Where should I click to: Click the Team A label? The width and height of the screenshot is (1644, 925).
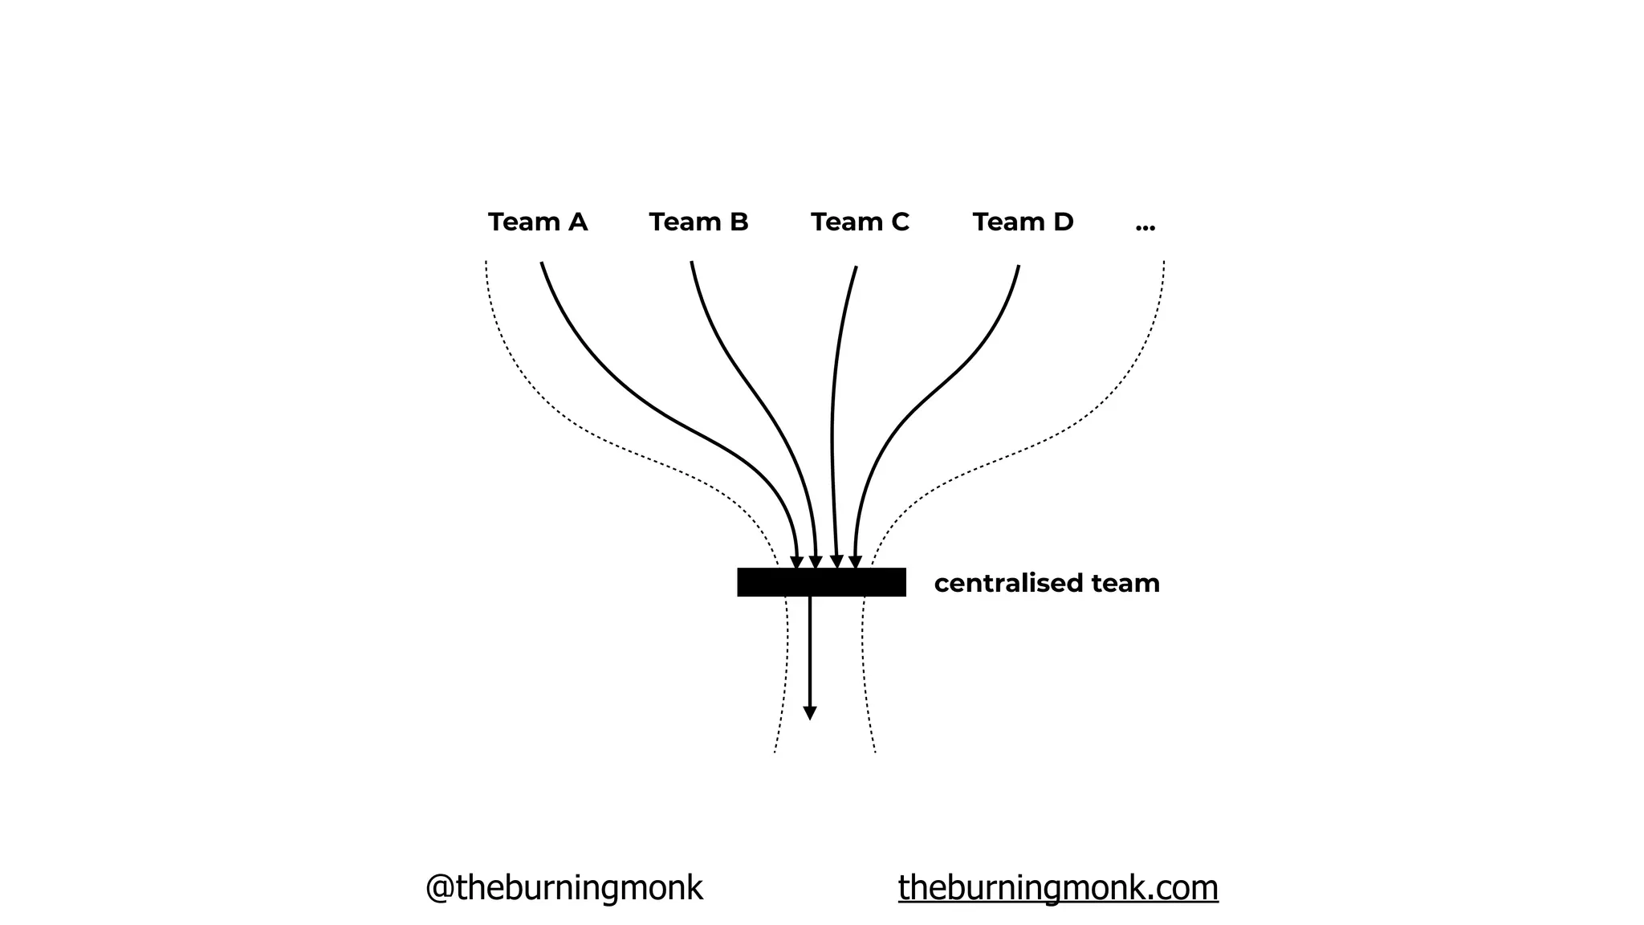click(x=537, y=222)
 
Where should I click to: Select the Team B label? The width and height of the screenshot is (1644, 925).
click(x=698, y=222)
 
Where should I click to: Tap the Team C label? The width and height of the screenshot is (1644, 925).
click(x=860, y=222)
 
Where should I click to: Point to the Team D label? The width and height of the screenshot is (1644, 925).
click(x=1023, y=222)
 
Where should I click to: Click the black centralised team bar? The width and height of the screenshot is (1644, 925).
click(x=821, y=582)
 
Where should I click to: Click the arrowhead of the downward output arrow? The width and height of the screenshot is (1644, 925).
click(x=810, y=713)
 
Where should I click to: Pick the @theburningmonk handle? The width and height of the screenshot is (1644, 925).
click(x=564, y=888)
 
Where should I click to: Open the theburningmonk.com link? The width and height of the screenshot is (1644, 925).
click(x=1058, y=888)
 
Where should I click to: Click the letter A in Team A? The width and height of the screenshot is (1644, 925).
click(x=577, y=222)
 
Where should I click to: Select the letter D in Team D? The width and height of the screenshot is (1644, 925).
click(x=1063, y=222)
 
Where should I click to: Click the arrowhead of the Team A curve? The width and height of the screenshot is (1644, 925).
click(x=796, y=562)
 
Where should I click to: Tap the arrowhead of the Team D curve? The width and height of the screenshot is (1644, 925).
click(x=855, y=562)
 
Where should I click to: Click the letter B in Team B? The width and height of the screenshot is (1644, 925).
click(x=739, y=222)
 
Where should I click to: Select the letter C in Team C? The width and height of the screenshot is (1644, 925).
click(x=899, y=222)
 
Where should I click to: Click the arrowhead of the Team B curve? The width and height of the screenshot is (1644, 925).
click(x=816, y=562)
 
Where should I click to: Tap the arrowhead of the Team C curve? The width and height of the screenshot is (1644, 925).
click(x=836, y=562)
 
